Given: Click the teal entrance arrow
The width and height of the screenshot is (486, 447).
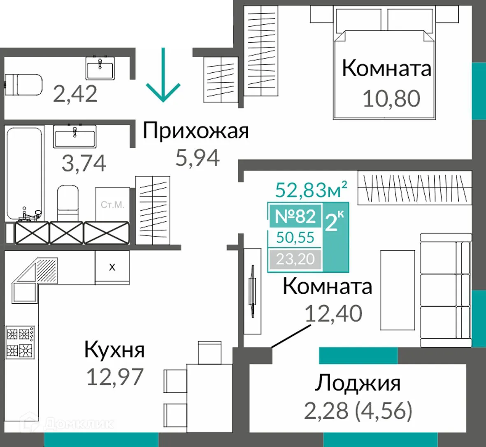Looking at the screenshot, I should pyautogui.click(x=163, y=78).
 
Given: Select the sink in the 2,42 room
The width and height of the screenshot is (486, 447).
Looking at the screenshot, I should pyautogui.click(x=100, y=68).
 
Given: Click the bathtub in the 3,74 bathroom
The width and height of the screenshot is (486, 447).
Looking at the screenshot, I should pyautogui.click(x=24, y=173).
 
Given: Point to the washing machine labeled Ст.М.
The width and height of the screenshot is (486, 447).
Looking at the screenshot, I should pyautogui.click(x=112, y=205).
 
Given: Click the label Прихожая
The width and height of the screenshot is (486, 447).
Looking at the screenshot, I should pyautogui.click(x=196, y=131).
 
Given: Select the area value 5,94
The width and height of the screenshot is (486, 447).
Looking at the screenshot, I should pyautogui.click(x=198, y=158).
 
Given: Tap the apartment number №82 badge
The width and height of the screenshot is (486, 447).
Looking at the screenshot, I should pyautogui.click(x=295, y=216).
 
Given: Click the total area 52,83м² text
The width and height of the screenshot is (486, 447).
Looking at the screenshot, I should pyautogui.click(x=311, y=190).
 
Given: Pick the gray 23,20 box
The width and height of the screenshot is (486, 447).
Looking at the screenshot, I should pyautogui.click(x=295, y=259).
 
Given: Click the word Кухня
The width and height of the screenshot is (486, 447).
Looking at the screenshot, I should pyautogui.click(x=114, y=350).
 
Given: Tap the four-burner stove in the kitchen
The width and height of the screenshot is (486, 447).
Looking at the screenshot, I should pyautogui.click(x=20, y=341).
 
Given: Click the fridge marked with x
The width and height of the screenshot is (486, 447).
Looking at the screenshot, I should pyautogui.click(x=112, y=267).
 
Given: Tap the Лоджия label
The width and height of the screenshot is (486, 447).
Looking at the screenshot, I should pyautogui.click(x=358, y=383).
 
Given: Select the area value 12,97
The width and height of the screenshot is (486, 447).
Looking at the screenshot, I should pyautogui.click(x=115, y=377).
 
